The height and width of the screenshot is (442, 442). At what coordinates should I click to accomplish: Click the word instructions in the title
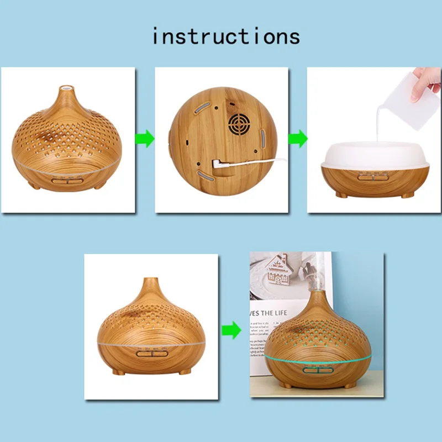click(x=225, y=36)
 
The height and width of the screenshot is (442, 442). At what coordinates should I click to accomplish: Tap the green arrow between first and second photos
click(x=145, y=138)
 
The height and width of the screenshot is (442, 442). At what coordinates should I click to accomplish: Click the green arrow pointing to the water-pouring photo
click(x=298, y=138)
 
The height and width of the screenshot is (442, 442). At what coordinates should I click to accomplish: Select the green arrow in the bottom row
click(x=231, y=330)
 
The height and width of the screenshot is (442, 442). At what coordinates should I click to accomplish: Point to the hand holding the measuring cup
click(x=427, y=83)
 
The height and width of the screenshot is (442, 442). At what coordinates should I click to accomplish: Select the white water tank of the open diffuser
click(x=375, y=155)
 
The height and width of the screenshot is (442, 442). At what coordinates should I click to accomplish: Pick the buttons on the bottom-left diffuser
click(x=150, y=354)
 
